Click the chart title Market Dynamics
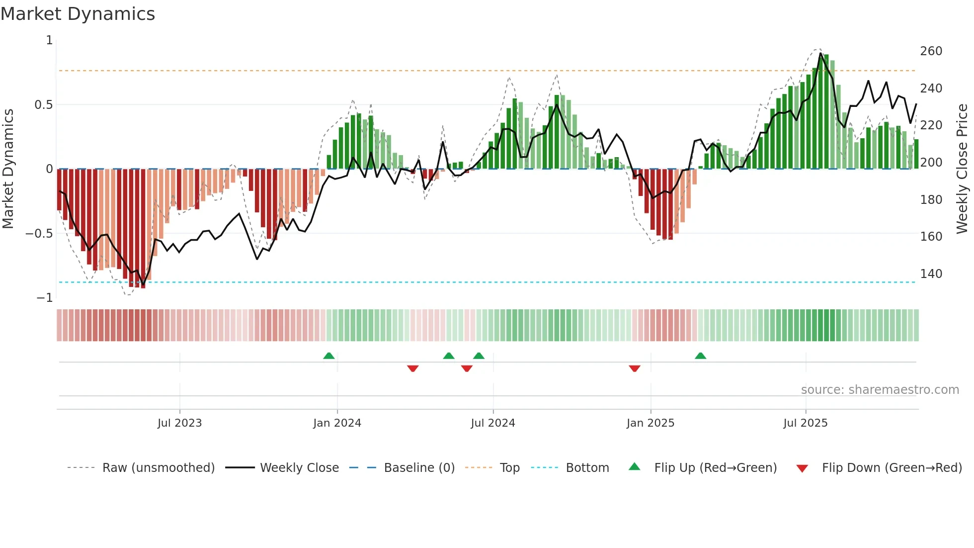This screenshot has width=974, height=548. pos(78,14)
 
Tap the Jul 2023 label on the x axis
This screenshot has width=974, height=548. pos(179,423)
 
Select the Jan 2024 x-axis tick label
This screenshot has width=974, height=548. pos(337,423)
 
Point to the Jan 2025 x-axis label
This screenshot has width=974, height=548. pos(650,423)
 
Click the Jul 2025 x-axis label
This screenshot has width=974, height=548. pos(805,423)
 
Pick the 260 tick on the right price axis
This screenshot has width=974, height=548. pos(931,51)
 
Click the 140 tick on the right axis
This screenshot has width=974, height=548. pos(931,274)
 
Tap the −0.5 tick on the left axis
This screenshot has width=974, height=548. pos(39,234)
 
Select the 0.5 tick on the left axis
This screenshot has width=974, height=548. pos(43,105)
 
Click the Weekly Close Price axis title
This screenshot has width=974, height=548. pos(962,169)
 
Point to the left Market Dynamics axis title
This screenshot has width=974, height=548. pos(8,169)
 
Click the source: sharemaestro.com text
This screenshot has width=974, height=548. pos(880,390)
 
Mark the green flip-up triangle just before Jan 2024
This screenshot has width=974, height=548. pos(328,356)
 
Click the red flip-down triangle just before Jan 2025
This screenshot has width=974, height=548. pos(634,368)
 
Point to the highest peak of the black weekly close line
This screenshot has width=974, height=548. pos(821,53)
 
